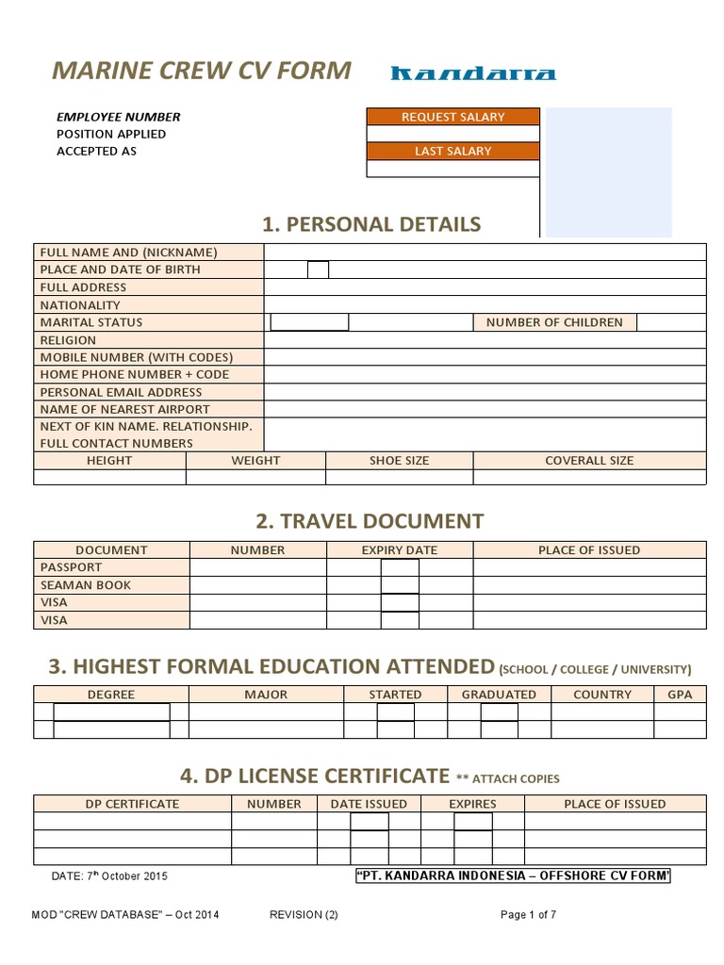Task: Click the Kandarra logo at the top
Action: tap(473, 74)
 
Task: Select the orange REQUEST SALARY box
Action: tap(452, 117)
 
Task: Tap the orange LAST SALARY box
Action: tap(452, 151)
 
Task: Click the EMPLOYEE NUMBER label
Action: tap(118, 117)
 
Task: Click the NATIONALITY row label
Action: tap(80, 305)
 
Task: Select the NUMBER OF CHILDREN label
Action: tap(554, 322)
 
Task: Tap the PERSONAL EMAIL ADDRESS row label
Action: tap(121, 392)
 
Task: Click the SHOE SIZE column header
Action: tap(399, 461)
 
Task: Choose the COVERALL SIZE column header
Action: tap(589, 461)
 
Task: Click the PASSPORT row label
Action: tap(71, 567)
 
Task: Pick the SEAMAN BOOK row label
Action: tap(86, 585)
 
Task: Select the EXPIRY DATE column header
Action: tap(400, 550)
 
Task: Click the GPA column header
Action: tap(680, 695)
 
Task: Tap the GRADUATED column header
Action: tap(499, 695)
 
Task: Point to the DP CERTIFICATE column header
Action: tap(132, 804)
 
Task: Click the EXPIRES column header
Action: tap(472, 804)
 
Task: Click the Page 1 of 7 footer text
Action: tap(529, 915)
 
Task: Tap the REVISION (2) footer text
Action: tap(304, 915)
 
